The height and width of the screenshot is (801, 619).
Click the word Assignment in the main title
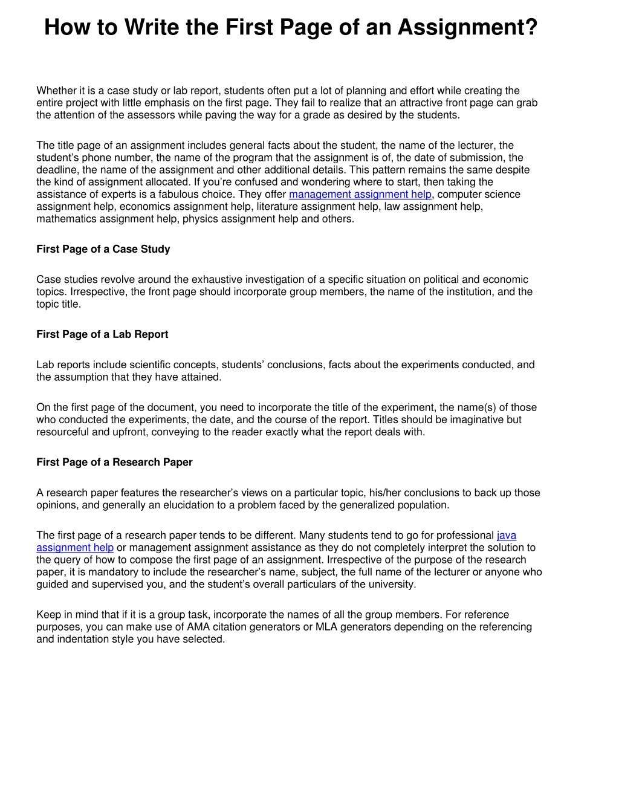[467, 27]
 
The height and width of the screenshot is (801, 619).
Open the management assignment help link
[360, 194]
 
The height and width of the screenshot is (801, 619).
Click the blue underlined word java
[507, 535]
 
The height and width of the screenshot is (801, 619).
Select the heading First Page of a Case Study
[103, 249]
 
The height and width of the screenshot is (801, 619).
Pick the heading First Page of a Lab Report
[102, 334]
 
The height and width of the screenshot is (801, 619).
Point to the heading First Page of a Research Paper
[114, 462]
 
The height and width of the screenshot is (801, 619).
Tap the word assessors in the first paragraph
[151, 115]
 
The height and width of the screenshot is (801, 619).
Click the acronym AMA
[198, 627]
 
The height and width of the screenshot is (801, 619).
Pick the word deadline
[56, 170]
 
